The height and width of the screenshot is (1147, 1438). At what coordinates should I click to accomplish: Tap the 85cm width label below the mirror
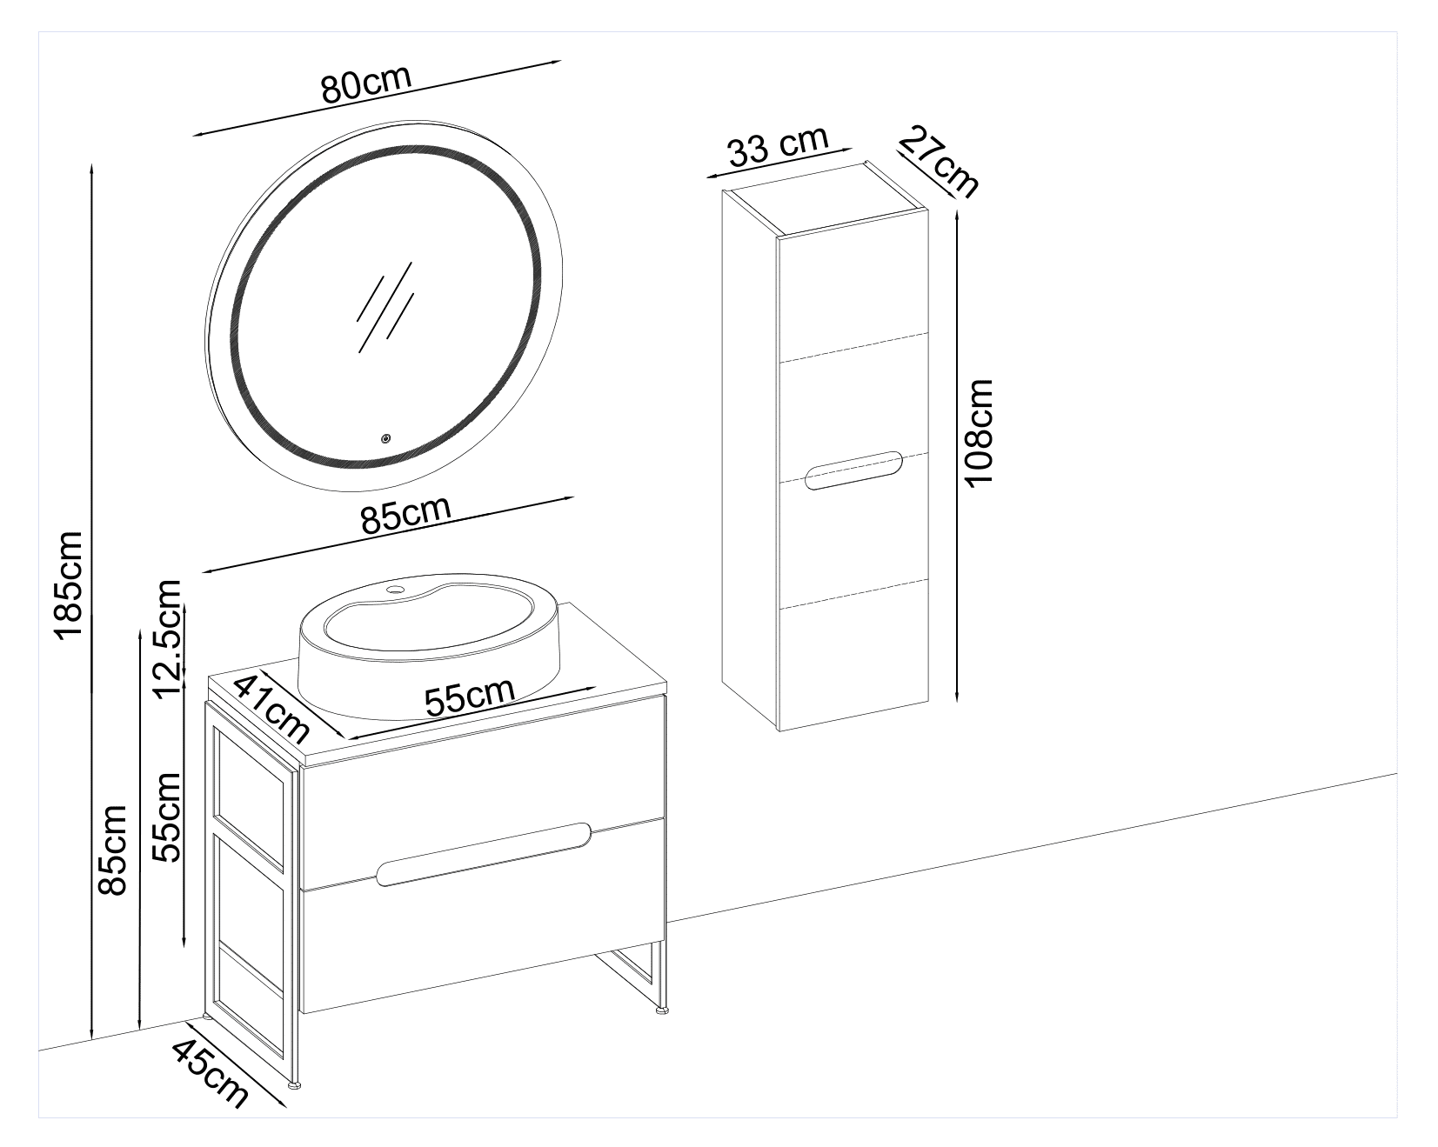(x=405, y=515)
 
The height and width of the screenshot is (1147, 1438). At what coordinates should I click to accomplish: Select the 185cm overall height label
(x=67, y=584)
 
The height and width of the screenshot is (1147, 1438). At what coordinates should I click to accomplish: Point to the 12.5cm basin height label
(x=166, y=639)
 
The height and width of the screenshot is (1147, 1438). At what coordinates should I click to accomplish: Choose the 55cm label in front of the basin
(x=469, y=696)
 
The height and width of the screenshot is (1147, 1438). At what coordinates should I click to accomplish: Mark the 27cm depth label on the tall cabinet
(x=940, y=161)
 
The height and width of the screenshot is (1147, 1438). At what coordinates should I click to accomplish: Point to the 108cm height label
(x=980, y=432)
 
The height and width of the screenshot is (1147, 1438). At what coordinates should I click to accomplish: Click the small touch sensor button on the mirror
(x=385, y=438)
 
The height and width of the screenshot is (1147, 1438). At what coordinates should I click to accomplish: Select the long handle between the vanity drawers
(x=485, y=853)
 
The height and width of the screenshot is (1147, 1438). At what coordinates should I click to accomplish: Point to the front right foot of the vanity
(x=663, y=1010)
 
